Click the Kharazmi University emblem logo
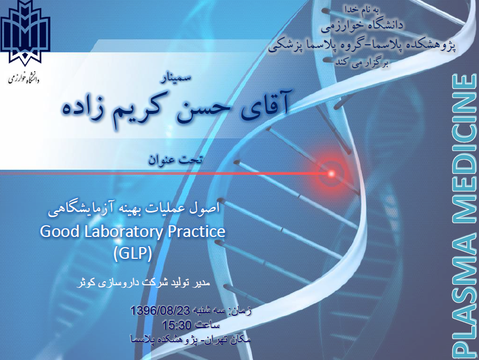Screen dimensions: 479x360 click(x=25, y=33)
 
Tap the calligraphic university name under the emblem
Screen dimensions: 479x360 click(x=24, y=78)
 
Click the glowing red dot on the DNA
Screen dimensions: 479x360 click(x=331, y=173)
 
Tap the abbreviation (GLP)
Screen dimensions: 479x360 click(x=132, y=253)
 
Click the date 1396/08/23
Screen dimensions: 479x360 click(x=160, y=311)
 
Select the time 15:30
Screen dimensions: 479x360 click(x=176, y=325)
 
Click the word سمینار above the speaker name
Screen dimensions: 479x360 click(x=176, y=78)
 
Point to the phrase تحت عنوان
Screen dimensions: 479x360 click(x=175, y=160)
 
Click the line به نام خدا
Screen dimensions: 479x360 click(x=362, y=9)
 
